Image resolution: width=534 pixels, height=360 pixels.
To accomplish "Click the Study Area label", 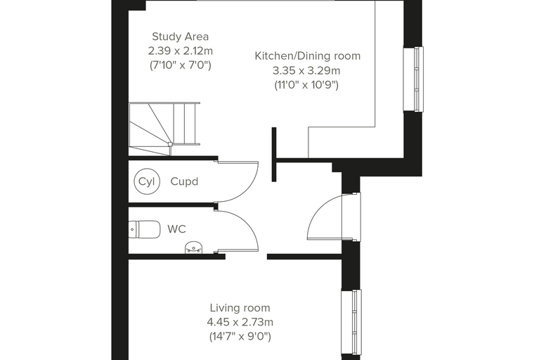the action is coord(180,37).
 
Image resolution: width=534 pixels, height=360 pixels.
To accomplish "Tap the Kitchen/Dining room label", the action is coord(308,56).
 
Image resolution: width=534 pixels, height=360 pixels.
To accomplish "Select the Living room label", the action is coord(240,308).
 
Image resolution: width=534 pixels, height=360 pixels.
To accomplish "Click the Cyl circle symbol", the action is coord(147,181).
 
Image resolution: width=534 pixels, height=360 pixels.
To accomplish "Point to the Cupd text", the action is coord(184,181).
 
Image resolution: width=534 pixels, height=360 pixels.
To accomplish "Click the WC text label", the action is coord(177,229).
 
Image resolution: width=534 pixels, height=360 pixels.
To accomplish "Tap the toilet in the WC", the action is coord(145,229).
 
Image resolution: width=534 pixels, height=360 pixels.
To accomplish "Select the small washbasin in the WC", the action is coord(194,247).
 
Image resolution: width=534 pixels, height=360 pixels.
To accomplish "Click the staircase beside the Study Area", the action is coord(164,129).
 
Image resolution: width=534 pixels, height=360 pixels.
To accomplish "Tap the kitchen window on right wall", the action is coord(413,79).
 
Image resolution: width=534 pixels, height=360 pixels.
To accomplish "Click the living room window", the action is coord(351,322).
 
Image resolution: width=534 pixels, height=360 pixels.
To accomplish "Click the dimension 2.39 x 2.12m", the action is coord(181,51).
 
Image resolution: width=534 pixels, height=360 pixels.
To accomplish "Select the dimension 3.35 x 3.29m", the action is coord(306,70).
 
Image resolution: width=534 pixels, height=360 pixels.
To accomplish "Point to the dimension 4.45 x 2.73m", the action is coord(240,322).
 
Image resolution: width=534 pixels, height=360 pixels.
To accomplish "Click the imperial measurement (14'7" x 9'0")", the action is coord(240,337).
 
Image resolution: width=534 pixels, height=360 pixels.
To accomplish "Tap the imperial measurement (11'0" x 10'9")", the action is coord(306,85).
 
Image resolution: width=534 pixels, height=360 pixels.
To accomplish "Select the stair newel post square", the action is coord(170,144).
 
